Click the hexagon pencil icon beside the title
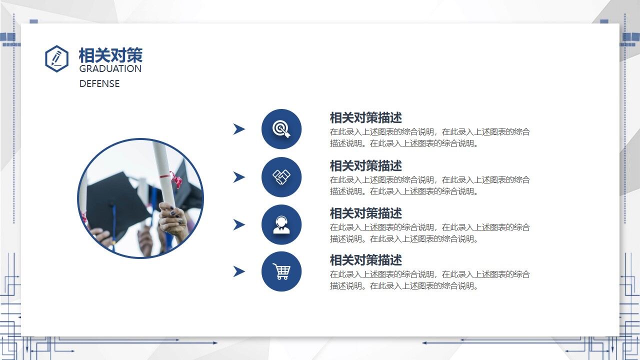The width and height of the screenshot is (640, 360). click(x=56, y=58)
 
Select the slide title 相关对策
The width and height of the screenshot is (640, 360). click(x=110, y=55)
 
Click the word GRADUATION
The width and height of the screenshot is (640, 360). click(x=110, y=69)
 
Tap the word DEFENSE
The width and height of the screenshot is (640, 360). click(x=99, y=84)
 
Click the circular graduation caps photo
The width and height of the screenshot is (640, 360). click(x=140, y=198)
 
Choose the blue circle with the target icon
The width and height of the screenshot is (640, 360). click(x=281, y=129)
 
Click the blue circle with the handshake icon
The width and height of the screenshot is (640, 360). click(x=281, y=177)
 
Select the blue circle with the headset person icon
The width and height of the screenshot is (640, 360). click(x=281, y=224)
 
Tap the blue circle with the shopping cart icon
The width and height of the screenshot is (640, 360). click(x=281, y=271)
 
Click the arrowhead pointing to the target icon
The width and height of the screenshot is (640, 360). click(x=239, y=129)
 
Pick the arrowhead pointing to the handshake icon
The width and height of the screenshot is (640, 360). click(x=239, y=177)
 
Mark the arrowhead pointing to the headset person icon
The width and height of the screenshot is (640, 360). click(x=239, y=224)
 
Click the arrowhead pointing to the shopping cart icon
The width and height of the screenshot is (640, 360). click(x=239, y=271)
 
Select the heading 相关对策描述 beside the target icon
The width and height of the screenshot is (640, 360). click(x=365, y=118)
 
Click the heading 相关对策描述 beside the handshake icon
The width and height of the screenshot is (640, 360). click(x=365, y=165)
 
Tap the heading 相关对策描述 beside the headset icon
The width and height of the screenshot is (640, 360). click(x=365, y=213)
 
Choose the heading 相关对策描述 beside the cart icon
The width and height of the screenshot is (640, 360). click(x=365, y=260)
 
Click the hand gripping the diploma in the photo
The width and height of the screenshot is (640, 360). click(x=173, y=220)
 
